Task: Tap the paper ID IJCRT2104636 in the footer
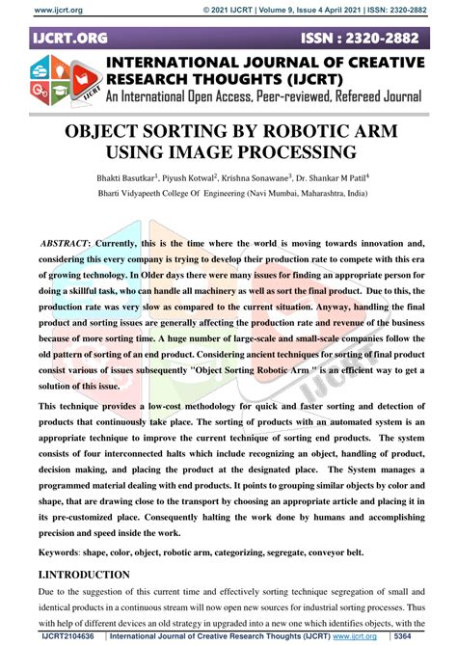tap(68, 637)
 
